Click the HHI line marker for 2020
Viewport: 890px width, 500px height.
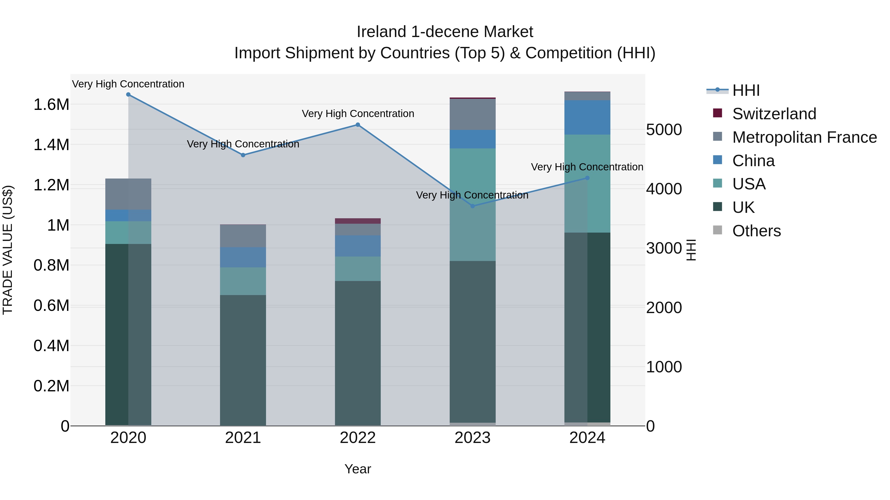(128, 95)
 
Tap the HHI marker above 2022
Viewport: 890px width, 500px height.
(357, 125)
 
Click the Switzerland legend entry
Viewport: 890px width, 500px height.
(774, 114)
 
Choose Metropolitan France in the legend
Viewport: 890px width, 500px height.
(804, 137)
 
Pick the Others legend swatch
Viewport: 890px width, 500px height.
(718, 230)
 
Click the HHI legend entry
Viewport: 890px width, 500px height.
(746, 90)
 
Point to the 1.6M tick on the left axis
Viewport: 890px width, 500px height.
(51, 104)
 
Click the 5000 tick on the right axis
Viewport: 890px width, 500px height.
(664, 130)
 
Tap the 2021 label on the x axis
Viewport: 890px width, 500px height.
(243, 438)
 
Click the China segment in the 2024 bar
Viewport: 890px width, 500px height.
(587, 117)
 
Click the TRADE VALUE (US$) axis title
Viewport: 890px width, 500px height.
(8, 250)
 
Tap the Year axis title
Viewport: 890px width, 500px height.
(357, 469)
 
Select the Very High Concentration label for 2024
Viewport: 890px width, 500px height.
(587, 167)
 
